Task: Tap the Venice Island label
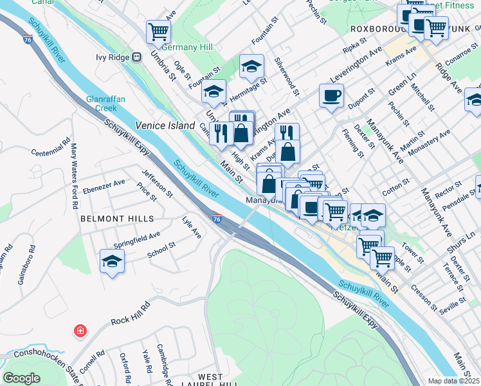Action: [x=165, y=126]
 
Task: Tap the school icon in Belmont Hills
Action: [x=112, y=261]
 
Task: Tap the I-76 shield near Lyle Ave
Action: [x=217, y=220]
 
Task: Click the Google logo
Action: [x=22, y=378]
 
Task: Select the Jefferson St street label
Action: [x=157, y=181]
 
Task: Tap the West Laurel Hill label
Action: [x=211, y=380]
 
